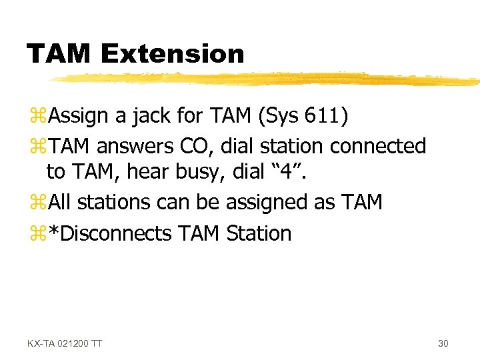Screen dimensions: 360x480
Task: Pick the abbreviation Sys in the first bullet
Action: [279, 116]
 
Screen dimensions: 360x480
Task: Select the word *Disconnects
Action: [111, 233]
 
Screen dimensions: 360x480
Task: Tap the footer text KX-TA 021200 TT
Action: [65, 343]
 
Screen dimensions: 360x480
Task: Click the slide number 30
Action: [443, 343]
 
